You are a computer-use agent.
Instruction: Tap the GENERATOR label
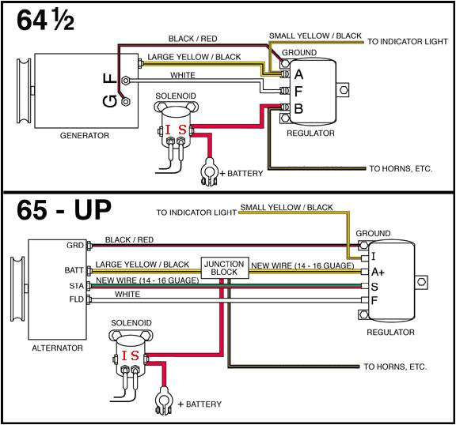click(x=84, y=136)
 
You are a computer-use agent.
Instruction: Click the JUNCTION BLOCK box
click(x=225, y=268)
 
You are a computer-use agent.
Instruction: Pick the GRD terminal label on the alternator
click(x=76, y=246)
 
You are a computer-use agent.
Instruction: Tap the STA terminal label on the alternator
click(x=77, y=285)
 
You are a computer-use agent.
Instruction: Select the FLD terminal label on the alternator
click(x=77, y=300)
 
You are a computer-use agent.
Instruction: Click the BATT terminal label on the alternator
click(x=74, y=270)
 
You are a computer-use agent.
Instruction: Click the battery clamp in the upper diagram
click(x=209, y=172)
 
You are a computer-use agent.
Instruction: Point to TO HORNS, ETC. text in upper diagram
click(x=401, y=168)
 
